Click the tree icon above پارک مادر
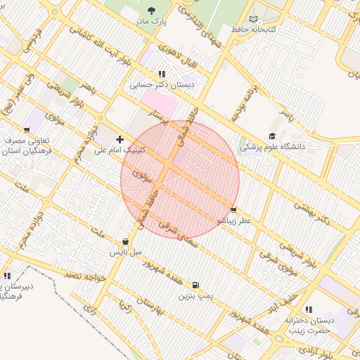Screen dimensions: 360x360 (152, 10)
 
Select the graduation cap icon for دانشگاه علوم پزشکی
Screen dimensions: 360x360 (272, 136)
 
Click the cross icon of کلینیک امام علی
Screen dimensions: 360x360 (120, 139)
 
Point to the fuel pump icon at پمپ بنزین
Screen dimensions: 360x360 (195, 285)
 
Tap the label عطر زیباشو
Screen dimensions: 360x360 (233, 221)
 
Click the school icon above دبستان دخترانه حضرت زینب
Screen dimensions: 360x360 (309, 309)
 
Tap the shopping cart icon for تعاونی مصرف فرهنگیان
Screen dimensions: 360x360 (27, 130)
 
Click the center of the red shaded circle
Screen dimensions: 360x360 (180, 179)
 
